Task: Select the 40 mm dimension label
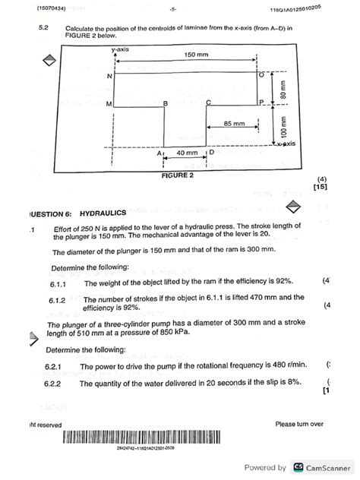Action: click(187, 153)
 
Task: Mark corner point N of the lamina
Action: click(109, 76)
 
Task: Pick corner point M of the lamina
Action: click(109, 103)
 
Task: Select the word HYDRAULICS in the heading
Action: click(103, 213)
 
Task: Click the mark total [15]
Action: click(319, 186)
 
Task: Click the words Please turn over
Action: click(299, 424)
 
